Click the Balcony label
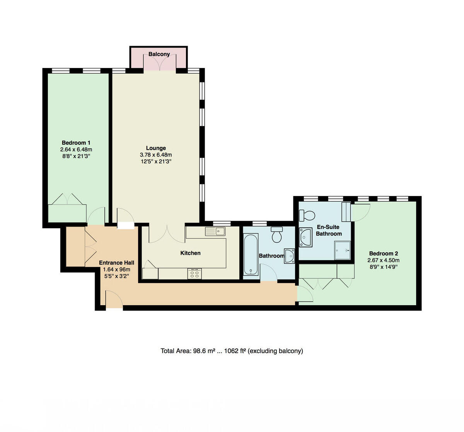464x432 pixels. tap(159, 54)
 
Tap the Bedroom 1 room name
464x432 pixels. tap(76, 143)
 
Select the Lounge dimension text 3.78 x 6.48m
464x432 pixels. tap(156, 155)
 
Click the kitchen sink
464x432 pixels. tap(215, 231)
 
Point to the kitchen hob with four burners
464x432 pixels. tap(194, 273)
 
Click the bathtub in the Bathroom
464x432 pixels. tap(251, 254)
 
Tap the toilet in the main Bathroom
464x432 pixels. tap(277, 234)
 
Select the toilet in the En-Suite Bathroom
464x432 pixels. tap(308, 214)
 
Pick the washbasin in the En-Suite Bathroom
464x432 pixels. tap(305, 236)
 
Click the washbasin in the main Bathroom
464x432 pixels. tap(289, 256)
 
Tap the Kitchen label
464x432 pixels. tap(190, 253)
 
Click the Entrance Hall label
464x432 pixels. tap(116, 263)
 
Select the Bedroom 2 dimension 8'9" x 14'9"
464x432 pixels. tap(383, 267)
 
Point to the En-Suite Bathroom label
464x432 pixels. tap(329, 230)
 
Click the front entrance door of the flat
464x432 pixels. tap(114, 301)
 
